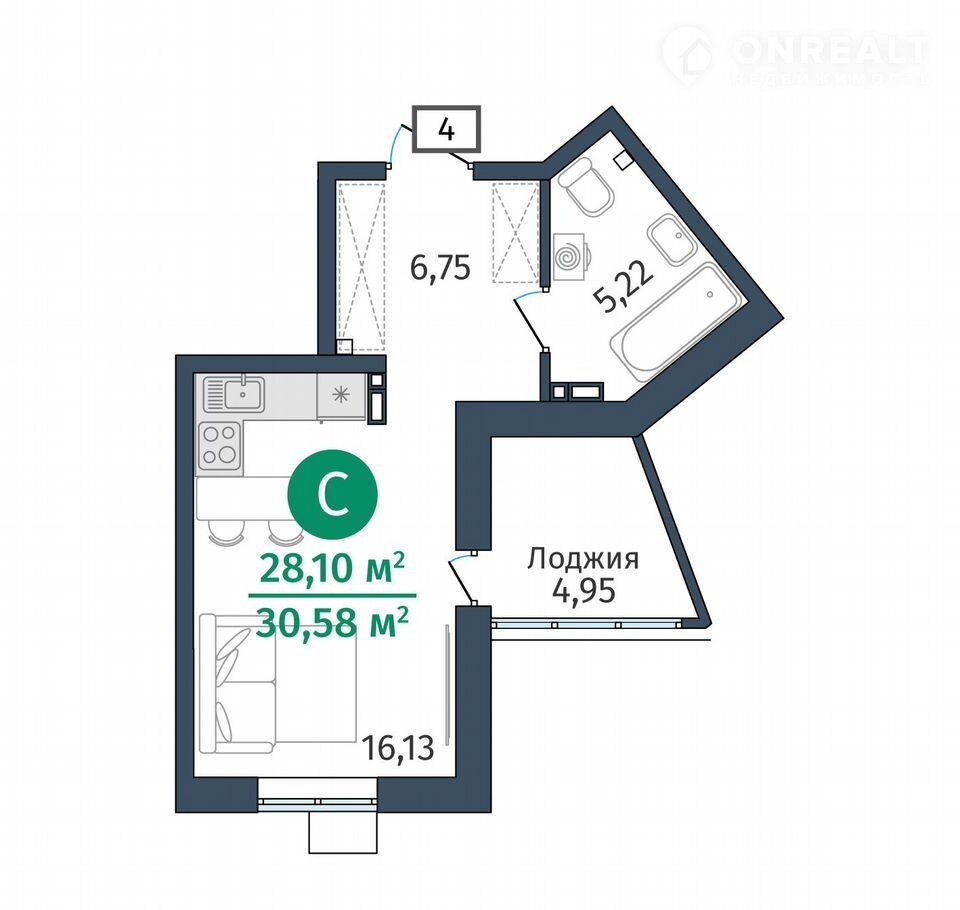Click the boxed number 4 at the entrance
[446, 129]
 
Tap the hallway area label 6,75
[440, 268]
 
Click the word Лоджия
[583, 560]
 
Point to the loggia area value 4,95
[583, 591]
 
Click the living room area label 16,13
[398, 748]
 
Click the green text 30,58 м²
[332, 622]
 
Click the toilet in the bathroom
[587, 186]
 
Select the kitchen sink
[234, 394]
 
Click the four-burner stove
[220, 445]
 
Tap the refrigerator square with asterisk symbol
[340, 395]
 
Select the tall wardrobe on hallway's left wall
[361, 268]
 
